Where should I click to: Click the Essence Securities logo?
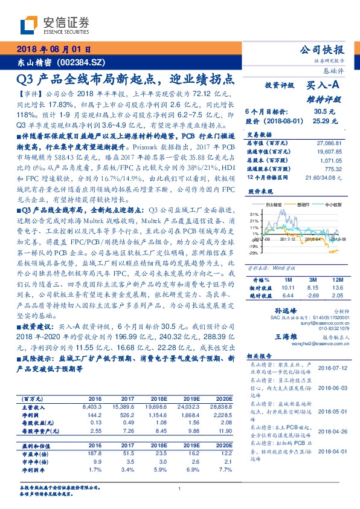(x=54, y=25)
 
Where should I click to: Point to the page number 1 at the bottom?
(x=180, y=488)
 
